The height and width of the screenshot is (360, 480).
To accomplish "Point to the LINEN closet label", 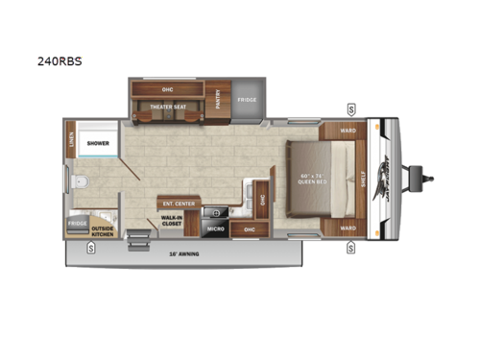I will (x=70, y=141).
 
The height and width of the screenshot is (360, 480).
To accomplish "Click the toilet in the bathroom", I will (x=82, y=180).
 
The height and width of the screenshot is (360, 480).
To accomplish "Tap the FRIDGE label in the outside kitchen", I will (x=78, y=222).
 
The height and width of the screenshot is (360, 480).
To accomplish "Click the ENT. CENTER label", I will (x=180, y=204).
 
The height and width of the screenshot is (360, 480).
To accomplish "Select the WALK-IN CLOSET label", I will (x=172, y=223).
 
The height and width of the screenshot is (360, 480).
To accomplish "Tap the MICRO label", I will (x=216, y=229).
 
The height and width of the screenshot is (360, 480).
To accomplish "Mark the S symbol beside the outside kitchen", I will (x=90, y=248).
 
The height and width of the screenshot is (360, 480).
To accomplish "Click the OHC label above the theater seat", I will (x=167, y=88).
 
